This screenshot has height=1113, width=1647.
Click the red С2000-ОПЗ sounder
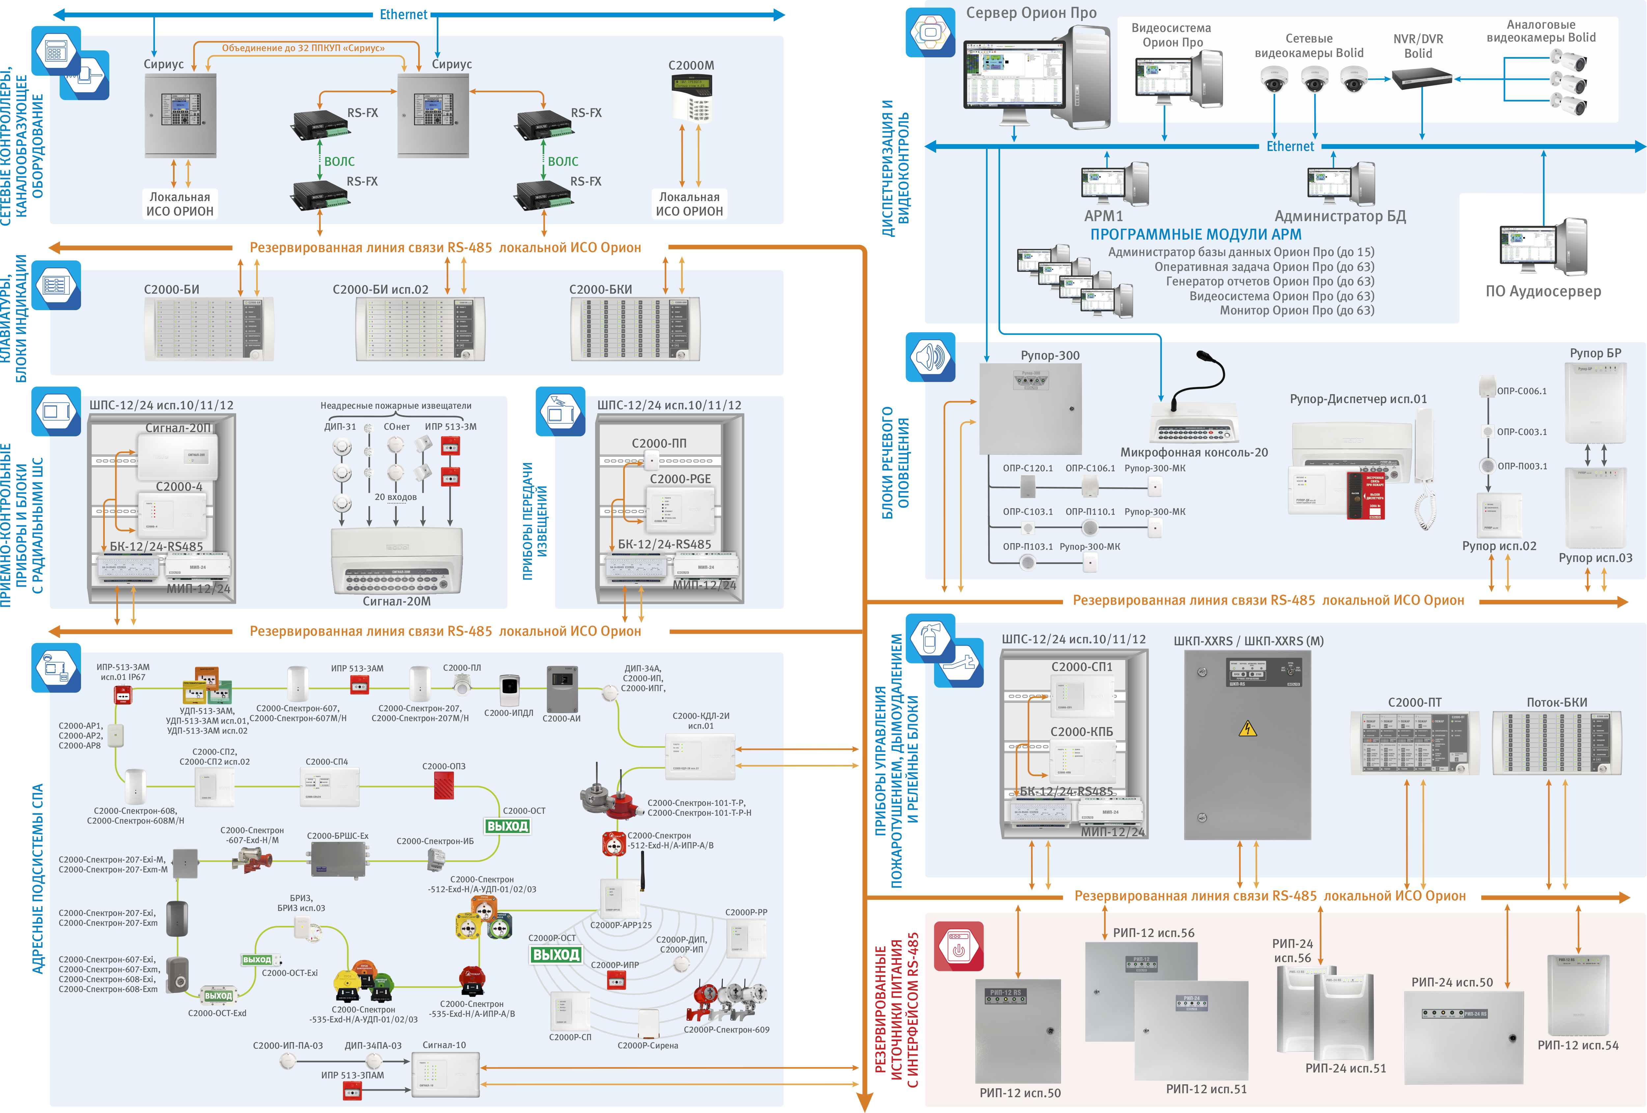click(x=444, y=785)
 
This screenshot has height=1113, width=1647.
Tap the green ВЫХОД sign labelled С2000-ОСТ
click(x=507, y=826)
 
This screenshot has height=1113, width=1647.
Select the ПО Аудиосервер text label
click(x=1543, y=291)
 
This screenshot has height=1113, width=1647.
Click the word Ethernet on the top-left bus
click(x=403, y=14)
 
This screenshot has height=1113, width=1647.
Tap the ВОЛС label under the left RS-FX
click(x=340, y=161)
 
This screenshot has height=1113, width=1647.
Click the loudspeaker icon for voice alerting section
click(x=930, y=357)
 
